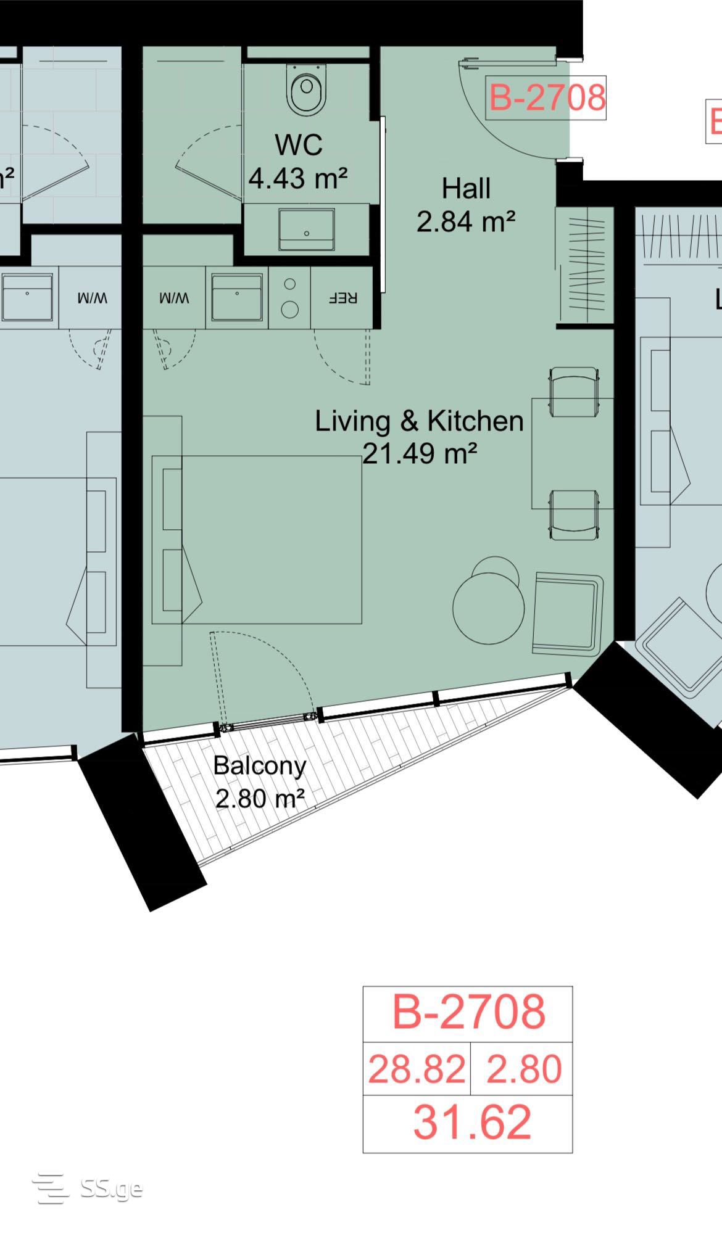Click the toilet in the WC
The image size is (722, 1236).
307,91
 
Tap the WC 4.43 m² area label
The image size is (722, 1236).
298,162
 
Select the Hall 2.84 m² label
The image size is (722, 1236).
466,205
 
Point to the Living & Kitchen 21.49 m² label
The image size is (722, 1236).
420,437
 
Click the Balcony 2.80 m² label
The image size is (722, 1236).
260,781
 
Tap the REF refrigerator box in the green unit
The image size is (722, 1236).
342,297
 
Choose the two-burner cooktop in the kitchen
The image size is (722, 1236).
289,297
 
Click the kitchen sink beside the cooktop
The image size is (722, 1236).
237,298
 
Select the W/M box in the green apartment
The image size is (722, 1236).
175,297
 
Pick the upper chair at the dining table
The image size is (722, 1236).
575,391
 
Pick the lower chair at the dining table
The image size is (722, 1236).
575,515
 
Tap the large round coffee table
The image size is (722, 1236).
489,608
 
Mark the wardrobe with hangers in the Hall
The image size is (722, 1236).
585,265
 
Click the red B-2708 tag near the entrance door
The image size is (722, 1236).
546,98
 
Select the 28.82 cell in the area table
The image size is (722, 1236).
417,1069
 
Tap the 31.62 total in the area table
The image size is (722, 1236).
472,1122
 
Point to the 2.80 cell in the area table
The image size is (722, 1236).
524,1069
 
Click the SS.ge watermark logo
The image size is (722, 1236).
88,1189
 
